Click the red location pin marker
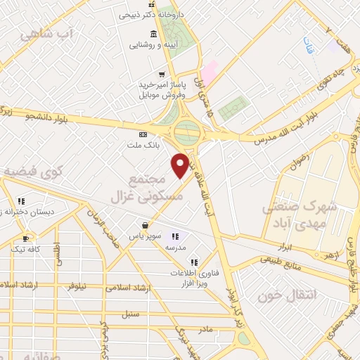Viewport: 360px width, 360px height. point(181,165)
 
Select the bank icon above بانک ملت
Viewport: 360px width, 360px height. point(143,134)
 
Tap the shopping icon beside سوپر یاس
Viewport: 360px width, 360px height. point(145,226)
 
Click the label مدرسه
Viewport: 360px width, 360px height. point(175,247)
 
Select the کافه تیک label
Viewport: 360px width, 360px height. point(26,249)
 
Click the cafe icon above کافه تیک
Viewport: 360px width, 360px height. point(26,238)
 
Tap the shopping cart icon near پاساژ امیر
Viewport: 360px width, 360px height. point(162,74)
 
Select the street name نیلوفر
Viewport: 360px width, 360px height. point(74,286)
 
